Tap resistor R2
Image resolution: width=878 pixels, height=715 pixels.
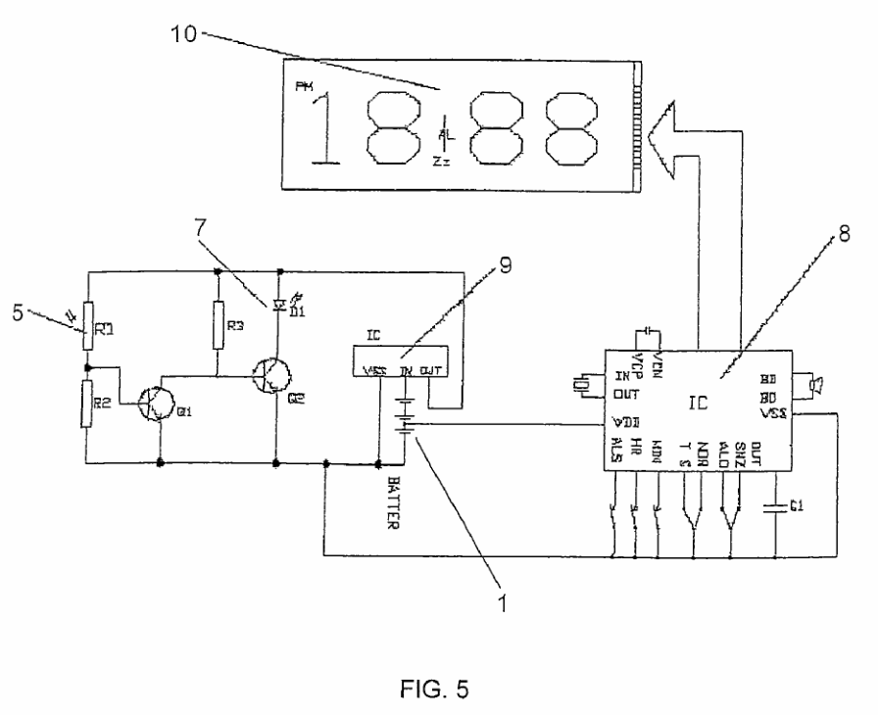(88, 401)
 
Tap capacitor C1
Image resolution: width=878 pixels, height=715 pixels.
(776, 507)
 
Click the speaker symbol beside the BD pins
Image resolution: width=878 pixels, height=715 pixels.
(812, 385)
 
